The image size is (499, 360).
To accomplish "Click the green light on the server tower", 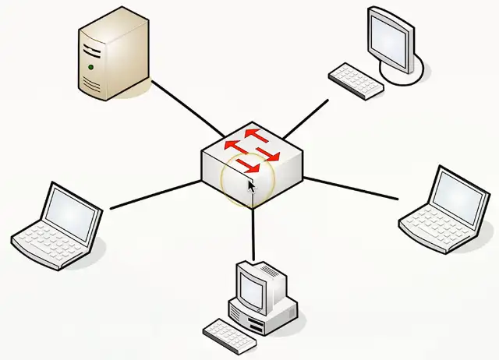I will pyautogui.click(x=91, y=68).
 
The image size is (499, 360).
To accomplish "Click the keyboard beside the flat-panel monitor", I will pyautogui.click(x=356, y=80).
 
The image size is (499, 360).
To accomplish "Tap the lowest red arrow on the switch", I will pyautogui.click(x=249, y=165).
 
